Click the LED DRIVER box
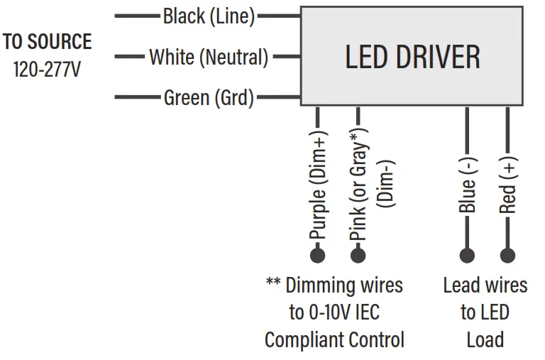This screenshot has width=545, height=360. [x=412, y=56]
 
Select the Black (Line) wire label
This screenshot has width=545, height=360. [x=209, y=16]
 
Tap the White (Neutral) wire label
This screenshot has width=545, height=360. [x=209, y=57]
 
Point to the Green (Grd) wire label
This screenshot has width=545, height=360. [x=209, y=97]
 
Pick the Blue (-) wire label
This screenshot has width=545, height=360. [x=467, y=185]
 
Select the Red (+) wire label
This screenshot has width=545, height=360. [x=507, y=185]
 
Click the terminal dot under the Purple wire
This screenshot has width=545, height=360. [x=318, y=254]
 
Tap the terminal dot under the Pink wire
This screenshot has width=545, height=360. [x=358, y=254]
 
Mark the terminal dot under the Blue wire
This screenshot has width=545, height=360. [x=467, y=254]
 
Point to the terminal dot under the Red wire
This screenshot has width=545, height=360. [x=507, y=254]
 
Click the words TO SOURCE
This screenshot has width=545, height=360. [x=47, y=42]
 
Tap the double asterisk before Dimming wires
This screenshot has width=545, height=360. [x=273, y=283]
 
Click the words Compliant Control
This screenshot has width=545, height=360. [x=334, y=339]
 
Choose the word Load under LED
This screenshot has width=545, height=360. [x=485, y=339]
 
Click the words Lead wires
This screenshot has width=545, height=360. [x=485, y=285]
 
